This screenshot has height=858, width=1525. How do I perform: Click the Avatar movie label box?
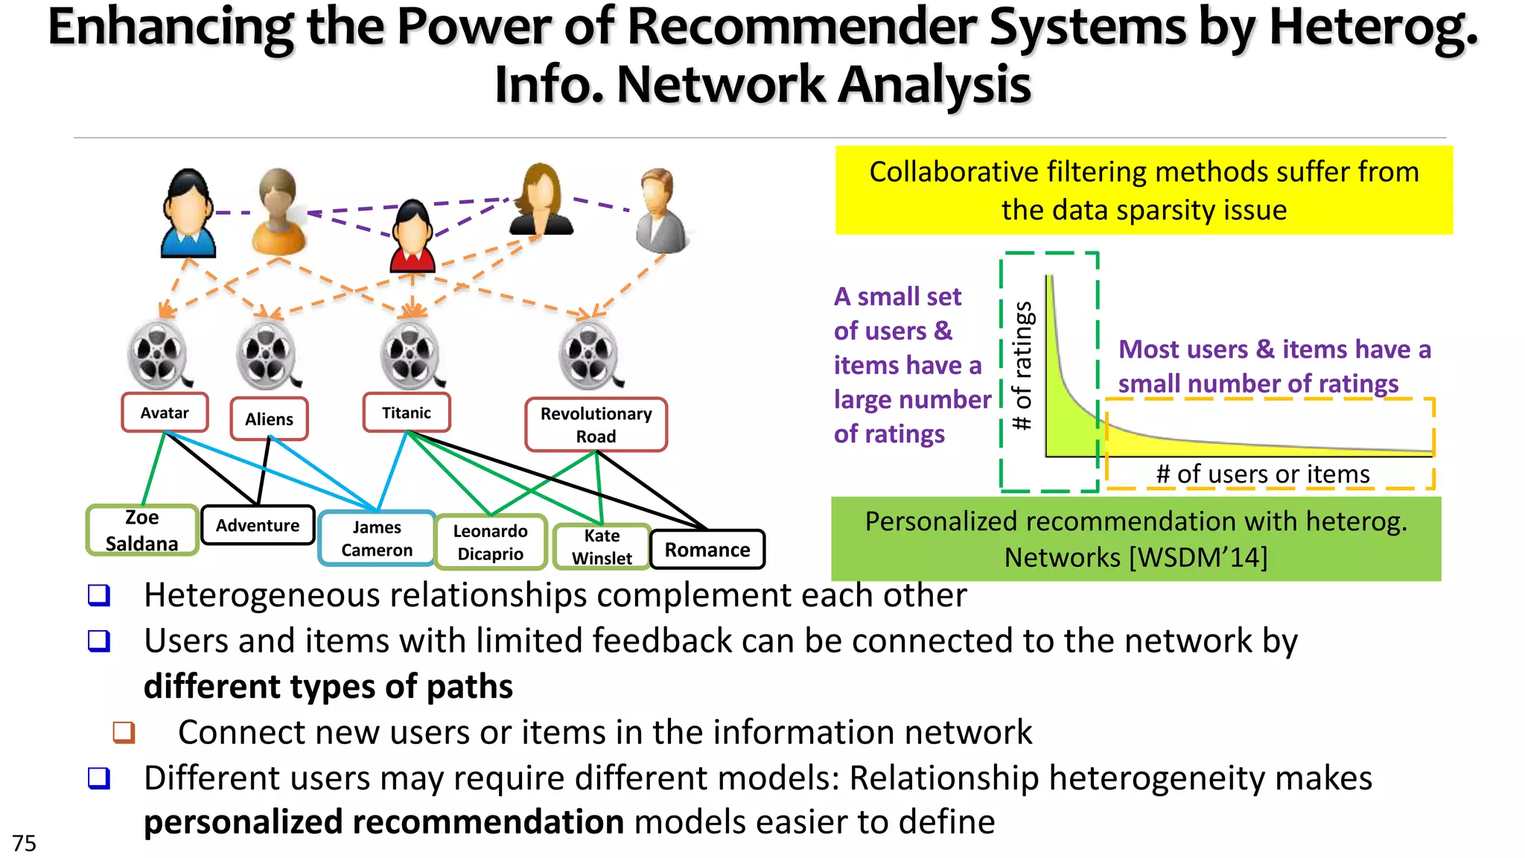(165, 413)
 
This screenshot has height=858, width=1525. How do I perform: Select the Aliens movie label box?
(269, 419)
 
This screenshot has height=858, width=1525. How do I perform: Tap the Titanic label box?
(407, 413)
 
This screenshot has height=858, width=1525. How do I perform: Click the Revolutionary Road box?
(596, 425)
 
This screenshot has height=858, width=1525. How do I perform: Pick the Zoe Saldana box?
(142, 530)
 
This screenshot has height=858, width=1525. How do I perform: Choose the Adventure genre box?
(258, 525)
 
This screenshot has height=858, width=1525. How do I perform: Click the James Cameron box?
(377, 538)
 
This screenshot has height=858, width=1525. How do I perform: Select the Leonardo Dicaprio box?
(491, 542)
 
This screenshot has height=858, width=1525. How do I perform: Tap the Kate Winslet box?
(602, 547)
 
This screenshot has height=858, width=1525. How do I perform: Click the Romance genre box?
(707, 550)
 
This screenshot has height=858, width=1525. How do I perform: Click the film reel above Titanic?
(410, 355)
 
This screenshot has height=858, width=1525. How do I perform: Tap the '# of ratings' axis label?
(1023, 366)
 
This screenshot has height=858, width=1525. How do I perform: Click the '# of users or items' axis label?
(1263, 474)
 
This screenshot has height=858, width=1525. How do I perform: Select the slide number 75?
(24, 843)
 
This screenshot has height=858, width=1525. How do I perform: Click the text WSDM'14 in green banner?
(1198, 557)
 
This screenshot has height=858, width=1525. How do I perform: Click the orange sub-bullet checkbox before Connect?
(124, 732)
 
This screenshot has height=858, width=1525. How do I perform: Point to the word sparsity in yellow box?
(1179, 211)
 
